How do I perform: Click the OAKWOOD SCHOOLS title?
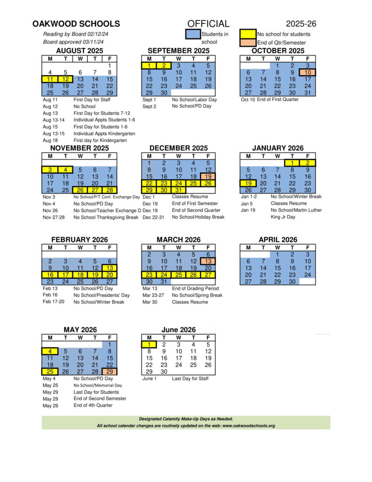(x=76, y=24)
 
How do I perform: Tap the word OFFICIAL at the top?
(x=208, y=24)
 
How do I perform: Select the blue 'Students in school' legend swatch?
(x=193, y=34)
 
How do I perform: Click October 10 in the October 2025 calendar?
(x=308, y=72)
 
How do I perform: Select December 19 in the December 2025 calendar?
(x=208, y=177)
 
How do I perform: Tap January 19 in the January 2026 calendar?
(x=248, y=183)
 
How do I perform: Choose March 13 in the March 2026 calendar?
(x=208, y=261)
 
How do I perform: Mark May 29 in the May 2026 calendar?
(x=110, y=371)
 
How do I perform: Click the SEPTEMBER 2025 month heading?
(x=179, y=51)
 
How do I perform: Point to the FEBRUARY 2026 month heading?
(x=79, y=240)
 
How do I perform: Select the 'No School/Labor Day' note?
(x=194, y=100)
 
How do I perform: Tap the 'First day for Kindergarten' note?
(x=100, y=140)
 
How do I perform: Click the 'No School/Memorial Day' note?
(x=97, y=385)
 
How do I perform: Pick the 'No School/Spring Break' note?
(x=197, y=295)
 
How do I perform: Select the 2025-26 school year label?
(x=301, y=24)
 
